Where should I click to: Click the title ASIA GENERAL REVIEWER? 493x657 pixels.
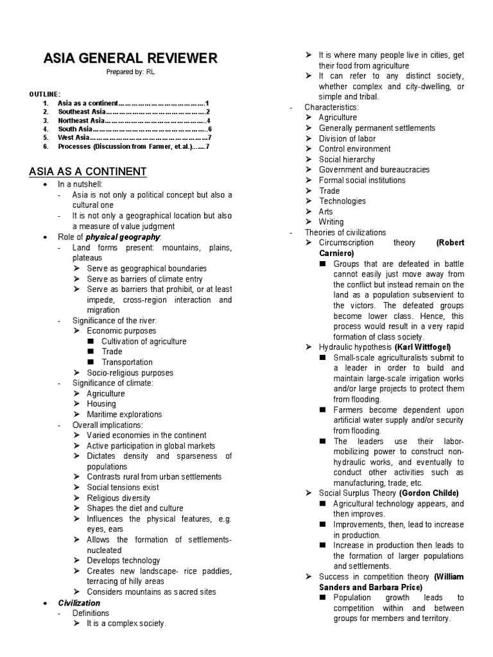[130, 58]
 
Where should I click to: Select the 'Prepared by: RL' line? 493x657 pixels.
[130, 73]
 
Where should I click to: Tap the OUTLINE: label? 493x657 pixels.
[45, 94]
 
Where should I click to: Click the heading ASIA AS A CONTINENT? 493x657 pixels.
[88, 172]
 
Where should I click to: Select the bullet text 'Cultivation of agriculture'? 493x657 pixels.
[144, 341]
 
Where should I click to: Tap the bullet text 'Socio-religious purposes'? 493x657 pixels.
[130, 373]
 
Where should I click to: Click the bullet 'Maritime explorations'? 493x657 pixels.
[125, 414]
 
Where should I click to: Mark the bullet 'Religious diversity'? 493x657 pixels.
[119, 498]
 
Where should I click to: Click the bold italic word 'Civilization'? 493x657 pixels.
[79, 603]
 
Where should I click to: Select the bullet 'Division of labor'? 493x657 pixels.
[347, 139]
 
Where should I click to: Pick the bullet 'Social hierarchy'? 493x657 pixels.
[347, 159]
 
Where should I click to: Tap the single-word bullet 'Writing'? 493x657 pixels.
[331, 222]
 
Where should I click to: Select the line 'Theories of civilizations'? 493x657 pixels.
[345, 232]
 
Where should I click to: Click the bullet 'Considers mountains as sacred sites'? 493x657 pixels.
[151, 592]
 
